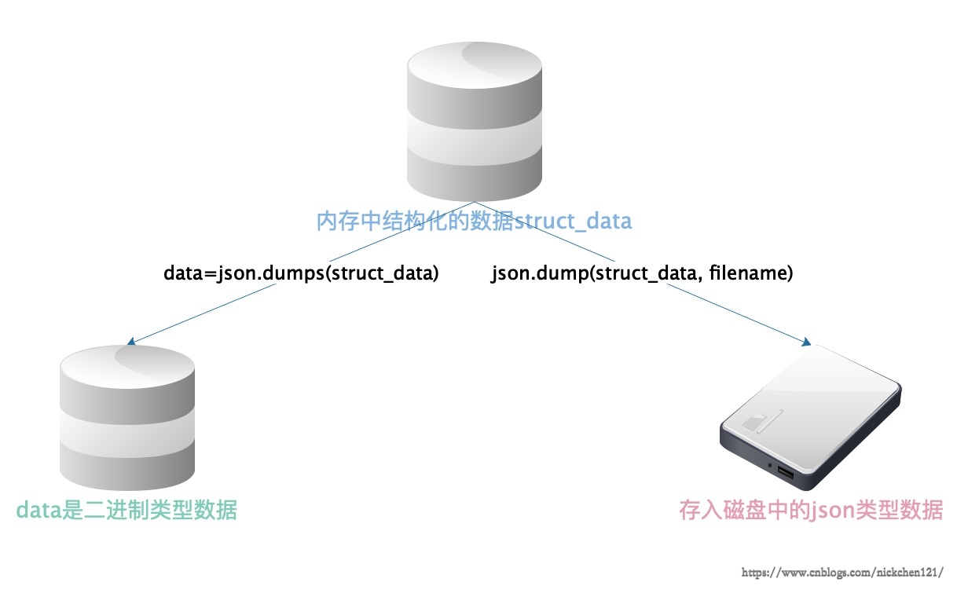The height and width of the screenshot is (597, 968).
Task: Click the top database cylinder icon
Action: pyautogui.click(x=475, y=122)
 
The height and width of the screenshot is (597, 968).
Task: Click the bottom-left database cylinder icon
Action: pyautogui.click(x=127, y=418)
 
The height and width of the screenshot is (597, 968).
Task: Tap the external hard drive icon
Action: pyautogui.click(x=811, y=417)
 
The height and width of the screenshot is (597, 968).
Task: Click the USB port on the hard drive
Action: pyautogui.click(x=786, y=473)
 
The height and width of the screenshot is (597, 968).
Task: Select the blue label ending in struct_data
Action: pyautogui.click(x=474, y=222)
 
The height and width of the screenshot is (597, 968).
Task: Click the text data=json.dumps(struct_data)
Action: pyautogui.click(x=301, y=273)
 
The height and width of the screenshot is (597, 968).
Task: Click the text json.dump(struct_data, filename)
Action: pyautogui.click(x=642, y=273)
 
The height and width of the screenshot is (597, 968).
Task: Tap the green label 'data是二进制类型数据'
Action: pyautogui.click(x=126, y=510)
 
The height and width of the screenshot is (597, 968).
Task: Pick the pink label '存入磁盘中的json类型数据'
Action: pyautogui.click(x=811, y=510)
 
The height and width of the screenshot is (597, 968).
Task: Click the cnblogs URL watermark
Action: pyautogui.click(x=842, y=573)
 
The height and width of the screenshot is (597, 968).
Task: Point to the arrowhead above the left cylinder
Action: pyautogui.click(x=131, y=342)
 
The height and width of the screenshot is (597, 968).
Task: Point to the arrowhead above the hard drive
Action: pyautogui.click(x=806, y=342)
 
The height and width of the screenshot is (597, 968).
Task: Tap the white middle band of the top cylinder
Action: pyautogui.click(x=475, y=138)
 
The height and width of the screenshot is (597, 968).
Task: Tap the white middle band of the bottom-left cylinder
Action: pyautogui.click(x=127, y=432)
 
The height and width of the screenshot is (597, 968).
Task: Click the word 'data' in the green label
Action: pyautogui.click(x=39, y=510)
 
